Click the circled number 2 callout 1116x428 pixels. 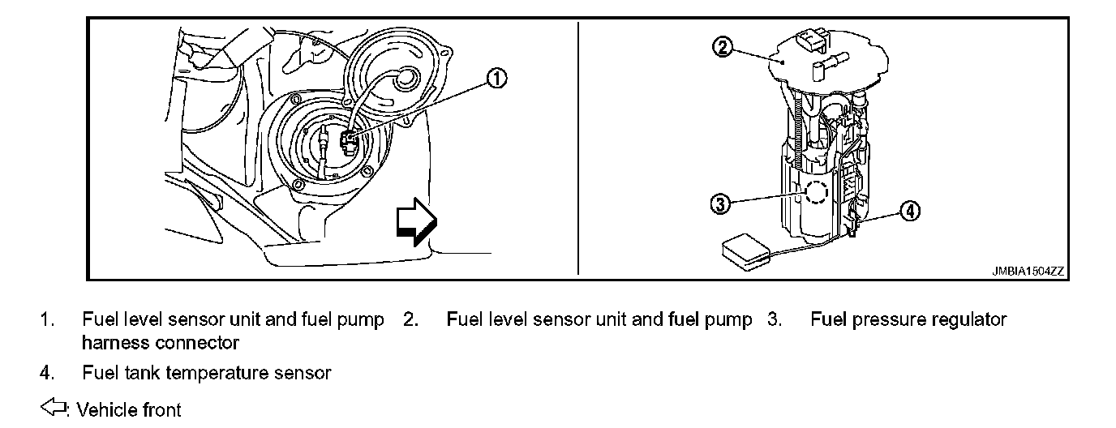coord(723,47)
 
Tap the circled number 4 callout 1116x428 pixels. coord(910,211)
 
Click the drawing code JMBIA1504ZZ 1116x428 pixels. coord(1026,272)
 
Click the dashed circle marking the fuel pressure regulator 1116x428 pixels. coord(816,193)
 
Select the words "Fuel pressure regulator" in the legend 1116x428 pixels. coord(908,319)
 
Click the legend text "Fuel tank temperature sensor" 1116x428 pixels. coord(207,373)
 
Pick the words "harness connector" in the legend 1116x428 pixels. coord(161,343)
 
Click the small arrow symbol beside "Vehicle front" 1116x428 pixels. coord(54,408)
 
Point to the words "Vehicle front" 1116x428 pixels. coord(129,410)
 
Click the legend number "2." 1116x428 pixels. coord(410,319)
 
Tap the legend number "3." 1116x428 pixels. coord(775,319)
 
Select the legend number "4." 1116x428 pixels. coord(47,373)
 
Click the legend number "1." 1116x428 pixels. coord(47,319)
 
